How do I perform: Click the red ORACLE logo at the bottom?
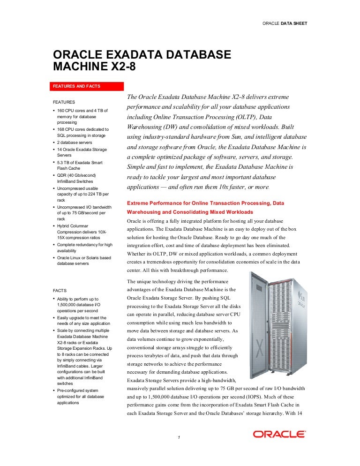tap(279, 434)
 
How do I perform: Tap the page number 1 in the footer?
tap(180, 438)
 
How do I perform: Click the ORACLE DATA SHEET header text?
tap(285, 23)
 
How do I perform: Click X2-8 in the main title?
tap(120, 67)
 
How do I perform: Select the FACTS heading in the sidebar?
tap(60, 291)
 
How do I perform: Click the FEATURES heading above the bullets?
tap(64, 102)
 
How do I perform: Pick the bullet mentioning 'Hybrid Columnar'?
tap(75, 226)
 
